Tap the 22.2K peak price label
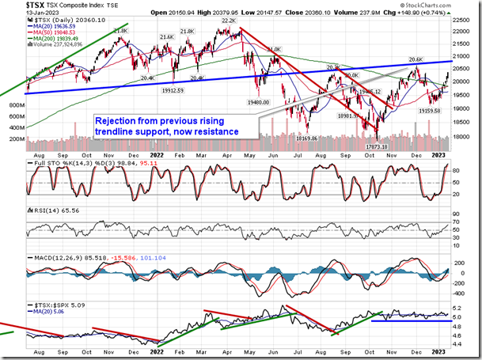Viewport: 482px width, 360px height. (x=230, y=22)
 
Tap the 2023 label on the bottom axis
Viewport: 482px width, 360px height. (x=440, y=353)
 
